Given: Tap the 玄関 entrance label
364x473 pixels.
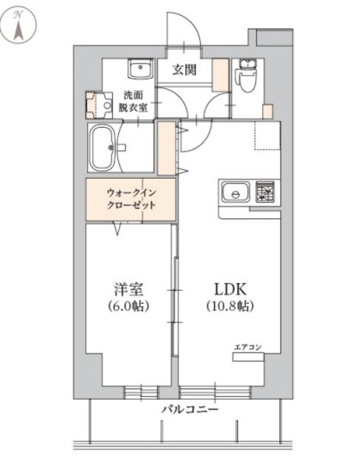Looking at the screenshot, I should tap(185, 71).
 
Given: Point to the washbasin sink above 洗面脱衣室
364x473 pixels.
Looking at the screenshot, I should tap(139, 69).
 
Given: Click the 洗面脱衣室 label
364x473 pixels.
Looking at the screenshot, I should tap(134, 101).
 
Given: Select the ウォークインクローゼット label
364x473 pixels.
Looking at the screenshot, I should tap(130, 200).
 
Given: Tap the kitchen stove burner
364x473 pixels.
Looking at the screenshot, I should tap(265, 192).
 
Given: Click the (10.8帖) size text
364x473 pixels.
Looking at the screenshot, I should tap(228, 304).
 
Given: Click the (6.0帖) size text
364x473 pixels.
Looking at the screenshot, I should tap(128, 304).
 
